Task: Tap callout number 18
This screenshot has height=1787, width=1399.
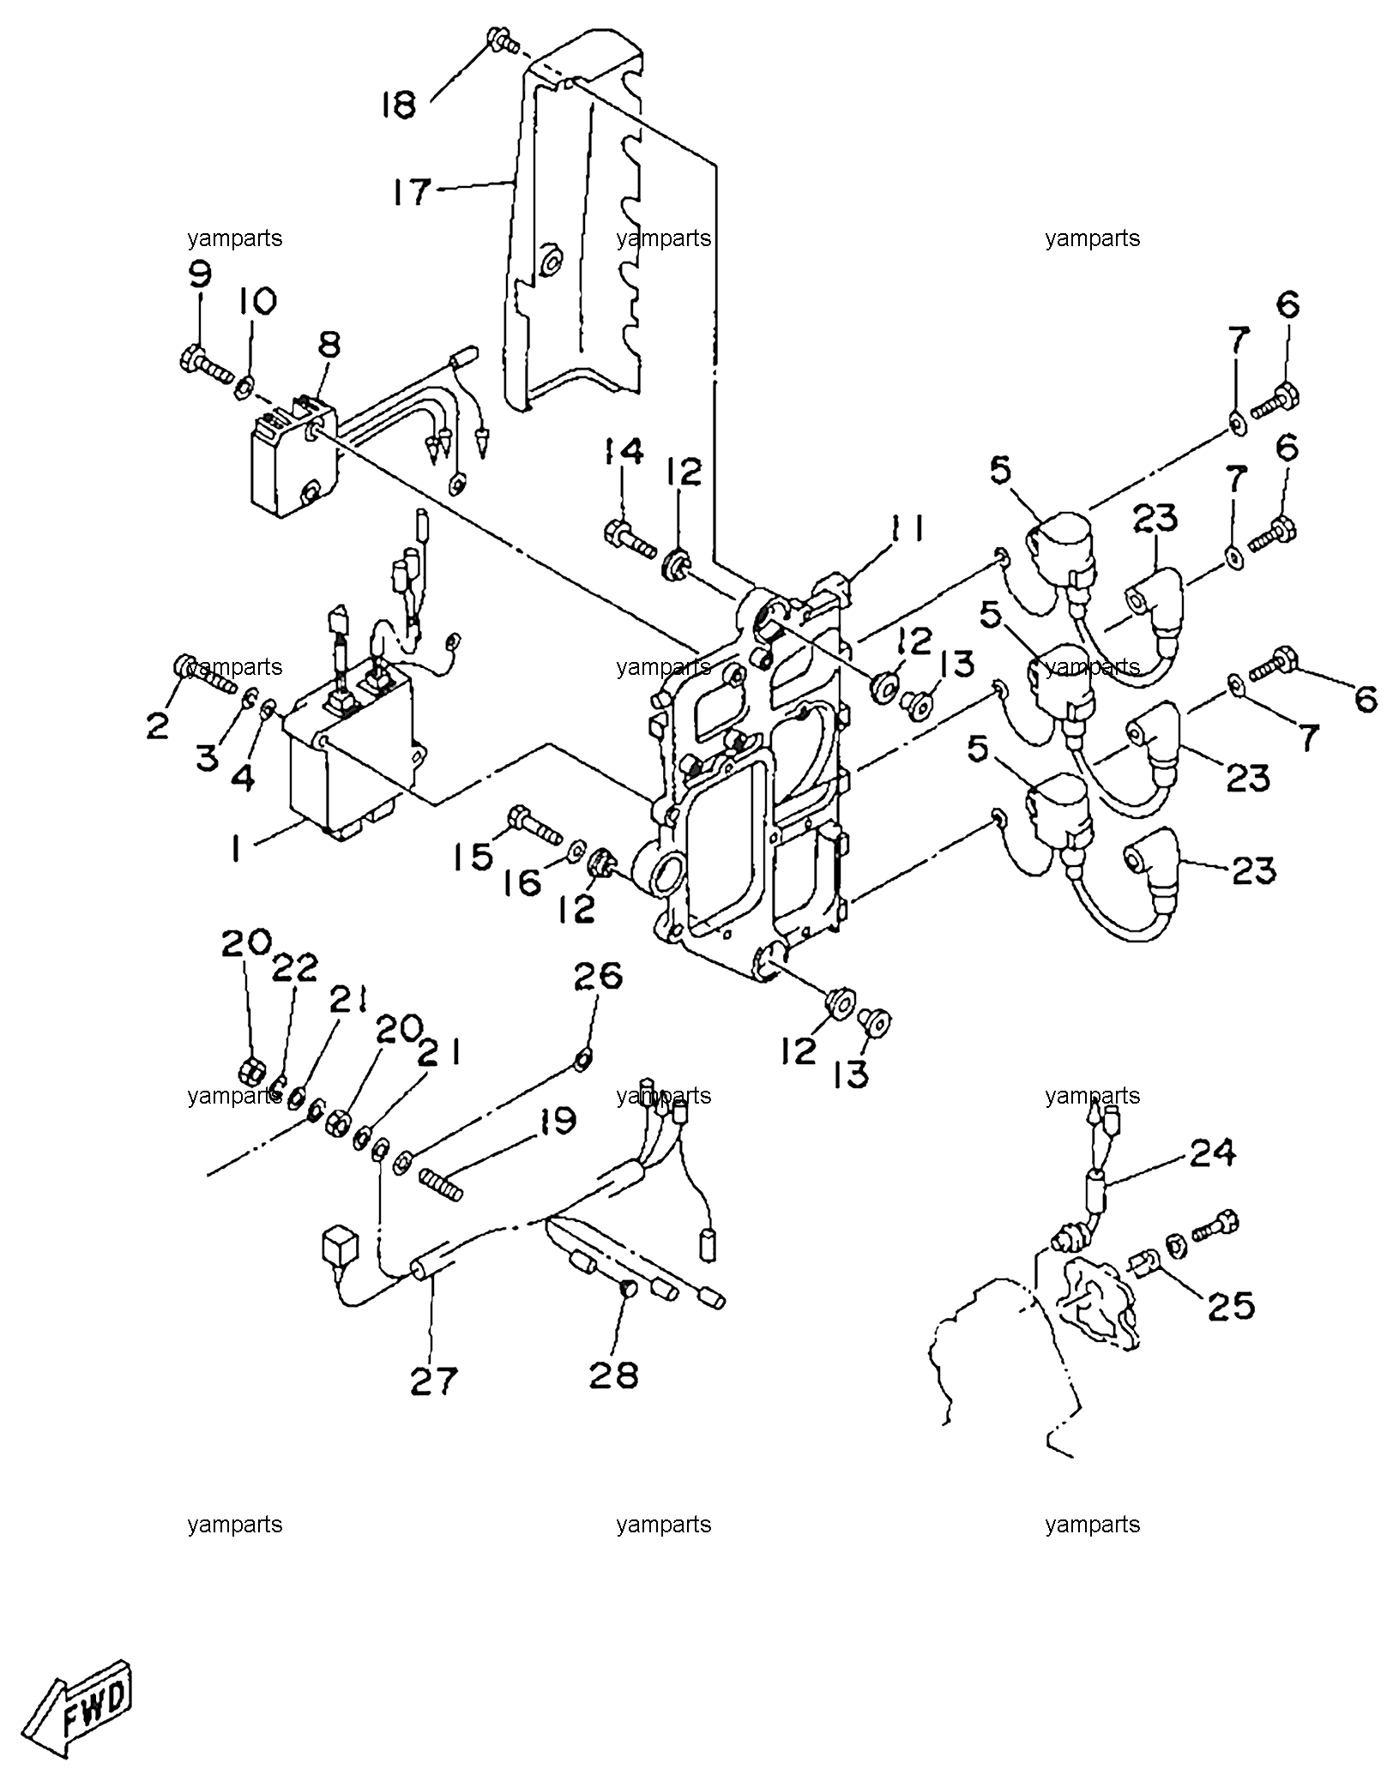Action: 400,105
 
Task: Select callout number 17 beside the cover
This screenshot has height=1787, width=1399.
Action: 411,192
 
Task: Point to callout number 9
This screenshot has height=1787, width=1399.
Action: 198,274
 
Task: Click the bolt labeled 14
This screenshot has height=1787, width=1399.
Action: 630,536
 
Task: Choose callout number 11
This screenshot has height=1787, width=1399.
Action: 907,532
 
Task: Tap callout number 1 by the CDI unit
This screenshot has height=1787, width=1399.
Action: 233,849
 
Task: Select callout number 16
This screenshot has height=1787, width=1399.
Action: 522,881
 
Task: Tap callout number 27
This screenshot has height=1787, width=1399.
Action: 434,1381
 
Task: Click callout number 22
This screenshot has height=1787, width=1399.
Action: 295,969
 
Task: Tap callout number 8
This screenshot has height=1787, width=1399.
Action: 329,346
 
